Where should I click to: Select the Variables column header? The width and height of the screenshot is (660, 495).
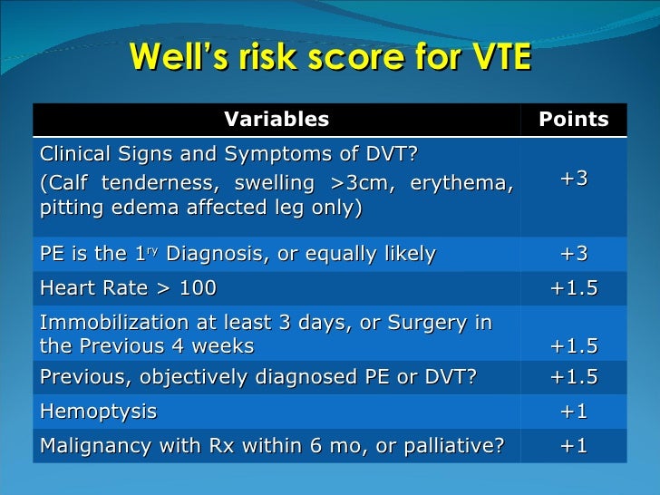(x=276, y=120)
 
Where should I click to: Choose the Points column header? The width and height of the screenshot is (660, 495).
(x=573, y=120)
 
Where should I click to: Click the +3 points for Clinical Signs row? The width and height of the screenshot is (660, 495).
(x=573, y=179)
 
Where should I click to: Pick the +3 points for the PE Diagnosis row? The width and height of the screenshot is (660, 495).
(x=573, y=254)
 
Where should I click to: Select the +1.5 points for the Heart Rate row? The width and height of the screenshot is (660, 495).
(x=573, y=288)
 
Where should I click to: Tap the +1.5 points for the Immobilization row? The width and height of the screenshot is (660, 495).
(x=573, y=346)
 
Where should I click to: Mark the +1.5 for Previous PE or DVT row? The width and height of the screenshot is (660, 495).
(x=573, y=378)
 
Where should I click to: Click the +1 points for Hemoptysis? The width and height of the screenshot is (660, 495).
(x=573, y=412)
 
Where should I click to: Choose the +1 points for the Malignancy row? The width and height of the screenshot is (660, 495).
(x=573, y=445)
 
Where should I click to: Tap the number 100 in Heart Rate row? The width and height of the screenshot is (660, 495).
(x=199, y=288)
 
